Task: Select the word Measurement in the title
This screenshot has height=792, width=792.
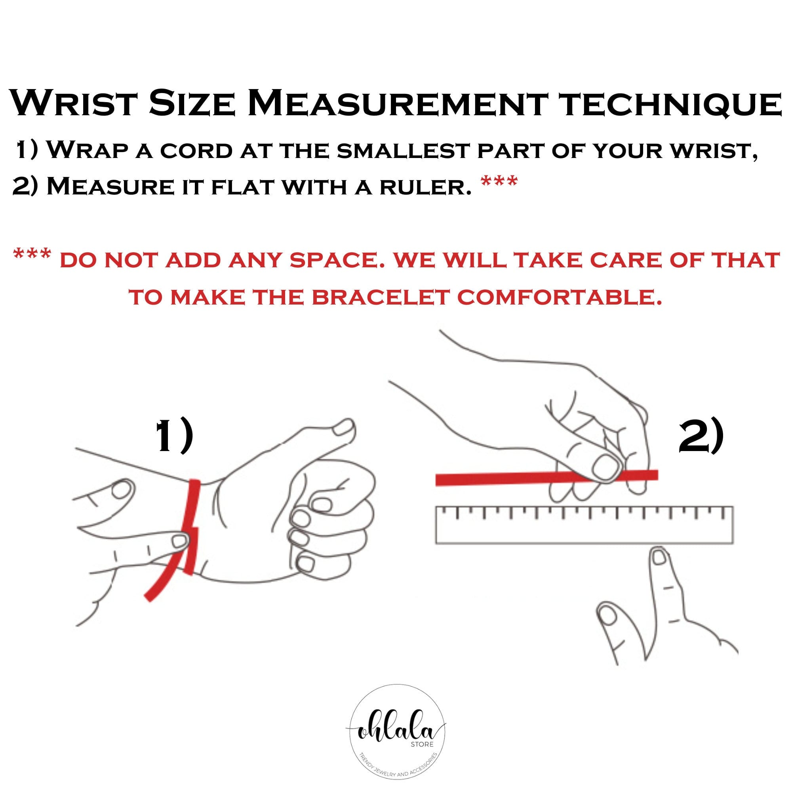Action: [397, 103]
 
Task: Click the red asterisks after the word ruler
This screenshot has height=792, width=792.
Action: [499, 181]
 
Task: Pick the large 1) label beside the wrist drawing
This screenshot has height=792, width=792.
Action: [174, 436]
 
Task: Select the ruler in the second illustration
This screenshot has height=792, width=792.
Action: [584, 525]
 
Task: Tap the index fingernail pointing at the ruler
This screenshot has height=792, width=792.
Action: [659, 556]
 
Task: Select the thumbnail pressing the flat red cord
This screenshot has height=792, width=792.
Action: [607, 467]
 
